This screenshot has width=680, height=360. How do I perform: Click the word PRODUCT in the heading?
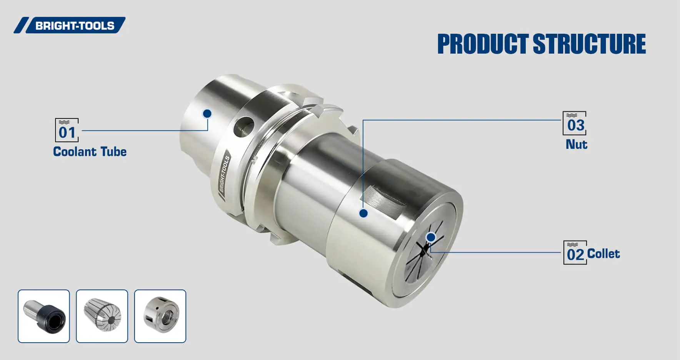coord(482,44)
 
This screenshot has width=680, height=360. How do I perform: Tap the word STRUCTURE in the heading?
coord(589,44)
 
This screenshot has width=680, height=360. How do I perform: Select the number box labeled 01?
coord(67,130)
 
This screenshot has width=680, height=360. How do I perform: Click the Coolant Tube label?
coord(90,152)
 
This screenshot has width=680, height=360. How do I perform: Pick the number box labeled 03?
coord(574,123)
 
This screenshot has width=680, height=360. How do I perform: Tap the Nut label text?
coord(576,144)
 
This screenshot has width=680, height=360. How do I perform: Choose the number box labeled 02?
coord(575,253)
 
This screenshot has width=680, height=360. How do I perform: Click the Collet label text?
coord(603,253)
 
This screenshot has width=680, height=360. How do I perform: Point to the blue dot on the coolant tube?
coord(207,113)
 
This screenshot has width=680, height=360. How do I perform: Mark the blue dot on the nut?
coord(363,213)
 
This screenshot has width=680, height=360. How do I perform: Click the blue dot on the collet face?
coord(431,237)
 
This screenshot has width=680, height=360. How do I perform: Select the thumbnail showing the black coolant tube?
coord(44,316)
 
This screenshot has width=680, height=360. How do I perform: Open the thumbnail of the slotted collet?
coord(102,316)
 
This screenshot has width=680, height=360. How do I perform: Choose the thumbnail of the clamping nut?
coord(160,316)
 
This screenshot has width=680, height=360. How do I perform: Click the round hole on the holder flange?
coord(244,127)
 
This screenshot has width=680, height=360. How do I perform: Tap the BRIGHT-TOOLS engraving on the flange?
coord(224,173)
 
